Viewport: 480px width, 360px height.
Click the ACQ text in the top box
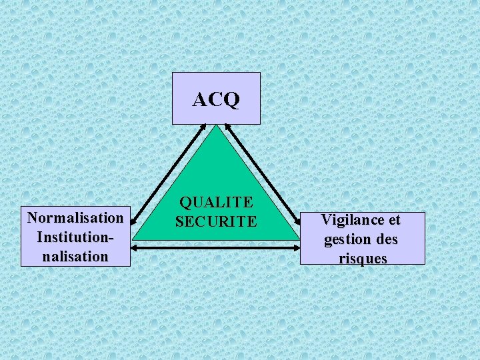pyautogui.click(x=216, y=99)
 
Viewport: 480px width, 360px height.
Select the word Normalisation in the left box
pyautogui.click(x=75, y=217)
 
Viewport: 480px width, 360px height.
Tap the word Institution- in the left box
pyautogui.click(x=75, y=237)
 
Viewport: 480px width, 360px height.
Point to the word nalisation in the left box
pyautogui.click(x=75, y=256)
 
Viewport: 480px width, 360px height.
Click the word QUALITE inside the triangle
pyautogui.click(x=216, y=202)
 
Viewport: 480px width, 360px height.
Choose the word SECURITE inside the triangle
pyautogui.click(x=216, y=221)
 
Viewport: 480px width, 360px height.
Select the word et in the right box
pyautogui.click(x=394, y=219)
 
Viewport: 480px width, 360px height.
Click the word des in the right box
pyautogui.click(x=386, y=239)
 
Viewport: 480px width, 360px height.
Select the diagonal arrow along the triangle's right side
pyautogui.click(x=263, y=175)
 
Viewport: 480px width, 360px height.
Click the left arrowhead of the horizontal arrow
pyautogui.click(x=133, y=247)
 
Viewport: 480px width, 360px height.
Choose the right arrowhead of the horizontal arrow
pyautogui.click(x=298, y=247)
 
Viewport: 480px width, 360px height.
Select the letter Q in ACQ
pyautogui.click(x=231, y=100)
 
